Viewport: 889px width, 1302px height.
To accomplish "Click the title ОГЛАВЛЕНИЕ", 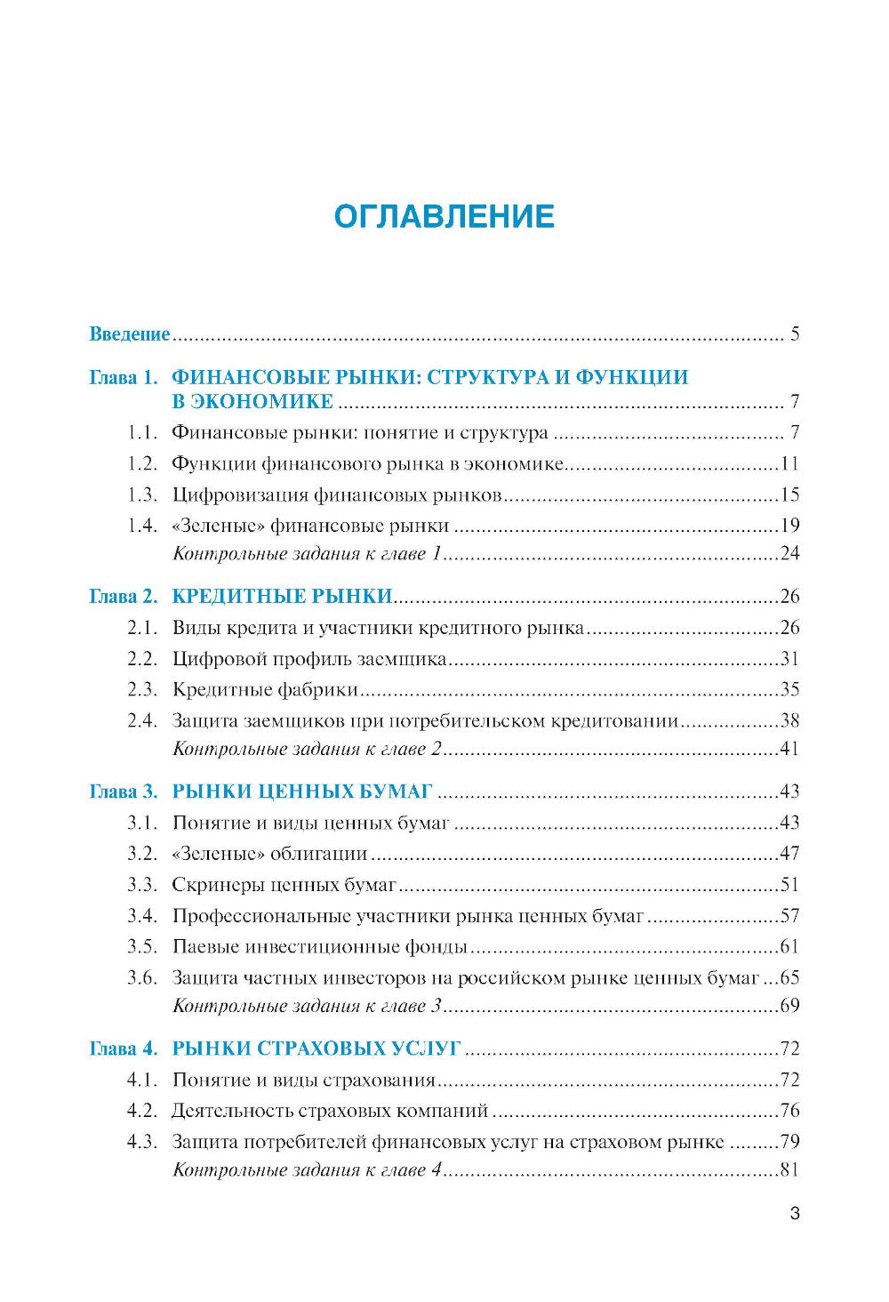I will coord(444,216).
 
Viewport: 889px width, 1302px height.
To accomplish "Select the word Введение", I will coord(129,334).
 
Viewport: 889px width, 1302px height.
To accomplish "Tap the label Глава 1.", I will coord(124,377).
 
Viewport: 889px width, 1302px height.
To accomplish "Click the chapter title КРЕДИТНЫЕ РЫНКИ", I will coord(282,596).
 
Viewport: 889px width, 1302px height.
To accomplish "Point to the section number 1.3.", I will coord(141,494).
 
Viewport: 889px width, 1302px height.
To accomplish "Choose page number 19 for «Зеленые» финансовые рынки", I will coord(789,525).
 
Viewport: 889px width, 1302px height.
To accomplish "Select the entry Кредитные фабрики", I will coord(265,689).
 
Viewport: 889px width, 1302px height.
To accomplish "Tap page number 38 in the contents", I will coord(789,720).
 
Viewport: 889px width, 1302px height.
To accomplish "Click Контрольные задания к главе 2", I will coord(307,749).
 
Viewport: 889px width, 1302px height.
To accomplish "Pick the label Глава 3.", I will coord(124,792).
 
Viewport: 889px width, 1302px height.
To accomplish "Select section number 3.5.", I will coord(141,946).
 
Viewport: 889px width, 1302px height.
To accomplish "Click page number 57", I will coord(789,916).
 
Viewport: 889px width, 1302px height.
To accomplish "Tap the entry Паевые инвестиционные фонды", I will coord(319,946).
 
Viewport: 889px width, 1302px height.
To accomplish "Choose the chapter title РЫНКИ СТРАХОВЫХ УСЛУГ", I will coord(316,1049).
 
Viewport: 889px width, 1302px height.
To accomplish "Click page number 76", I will coord(789,1111).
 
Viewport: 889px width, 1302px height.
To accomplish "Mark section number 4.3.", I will coord(141,1142).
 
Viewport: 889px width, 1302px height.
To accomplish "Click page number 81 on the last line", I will coord(789,1170).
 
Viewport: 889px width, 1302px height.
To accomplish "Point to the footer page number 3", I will coord(795,1214).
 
